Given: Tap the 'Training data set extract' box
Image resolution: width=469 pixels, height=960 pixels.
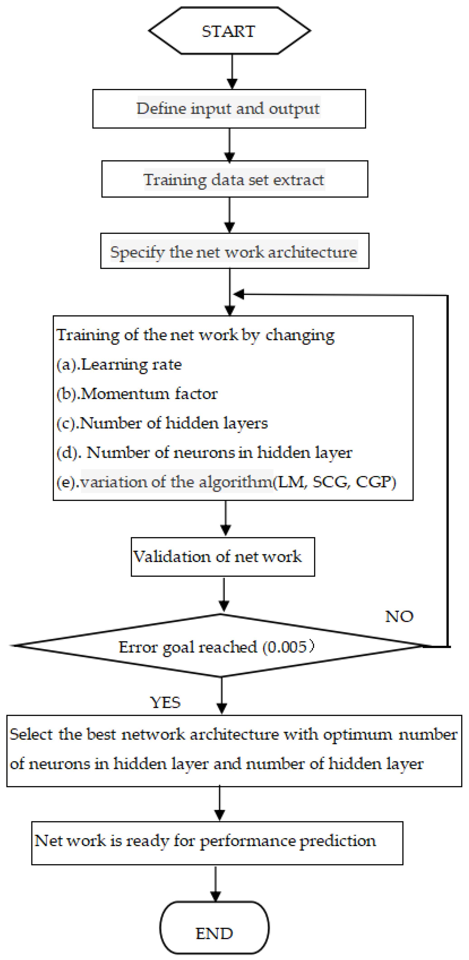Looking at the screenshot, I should (x=234, y=179).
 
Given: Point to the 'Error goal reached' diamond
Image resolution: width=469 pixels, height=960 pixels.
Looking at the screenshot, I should (x=220, y=647).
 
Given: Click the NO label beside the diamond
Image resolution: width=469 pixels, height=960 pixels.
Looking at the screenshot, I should (x=399, y=617).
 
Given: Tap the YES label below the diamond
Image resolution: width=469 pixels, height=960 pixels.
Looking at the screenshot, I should (x=165, y=702).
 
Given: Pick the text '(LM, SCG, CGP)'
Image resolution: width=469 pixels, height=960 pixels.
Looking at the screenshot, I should (x=335, y=482).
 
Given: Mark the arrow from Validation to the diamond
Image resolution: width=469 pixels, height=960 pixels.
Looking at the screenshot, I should (x=224, y=595).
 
